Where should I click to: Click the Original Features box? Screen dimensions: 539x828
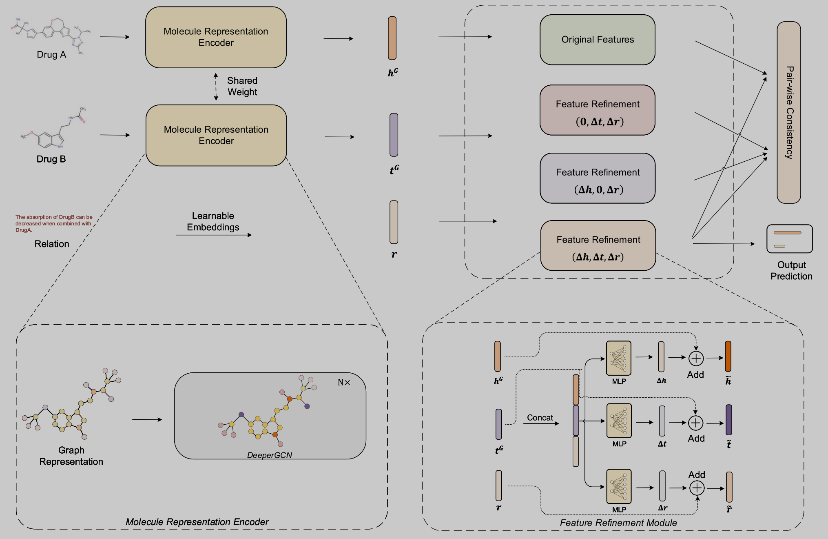click(597, 40)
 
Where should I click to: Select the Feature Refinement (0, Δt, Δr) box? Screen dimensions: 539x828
click(597, 110)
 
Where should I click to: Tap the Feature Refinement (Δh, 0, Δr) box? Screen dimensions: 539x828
click(597, 178)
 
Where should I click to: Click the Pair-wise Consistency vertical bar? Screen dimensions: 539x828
click(788, 112)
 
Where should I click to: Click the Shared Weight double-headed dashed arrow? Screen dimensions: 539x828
click(216, 87)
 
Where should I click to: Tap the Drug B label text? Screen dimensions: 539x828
click(51, 159)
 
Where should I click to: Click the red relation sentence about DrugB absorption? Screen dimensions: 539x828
click(54, 223)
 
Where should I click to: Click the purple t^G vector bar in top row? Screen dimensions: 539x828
click(394, 135)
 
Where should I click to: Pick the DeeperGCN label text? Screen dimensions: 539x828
click(269, 455)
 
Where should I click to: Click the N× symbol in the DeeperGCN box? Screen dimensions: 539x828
click(344, 383)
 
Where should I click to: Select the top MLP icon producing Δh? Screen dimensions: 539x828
click(618, 358)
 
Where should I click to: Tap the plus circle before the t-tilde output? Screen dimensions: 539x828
click(695, 423)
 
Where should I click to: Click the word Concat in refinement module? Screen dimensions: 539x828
click(540, 418)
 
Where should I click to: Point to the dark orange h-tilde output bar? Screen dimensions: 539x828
click(728, 356)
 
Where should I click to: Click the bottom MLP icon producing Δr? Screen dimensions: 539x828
click(619, 486)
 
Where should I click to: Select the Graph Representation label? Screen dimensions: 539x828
click(71, 456)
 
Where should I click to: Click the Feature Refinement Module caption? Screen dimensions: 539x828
click(618, 523)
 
